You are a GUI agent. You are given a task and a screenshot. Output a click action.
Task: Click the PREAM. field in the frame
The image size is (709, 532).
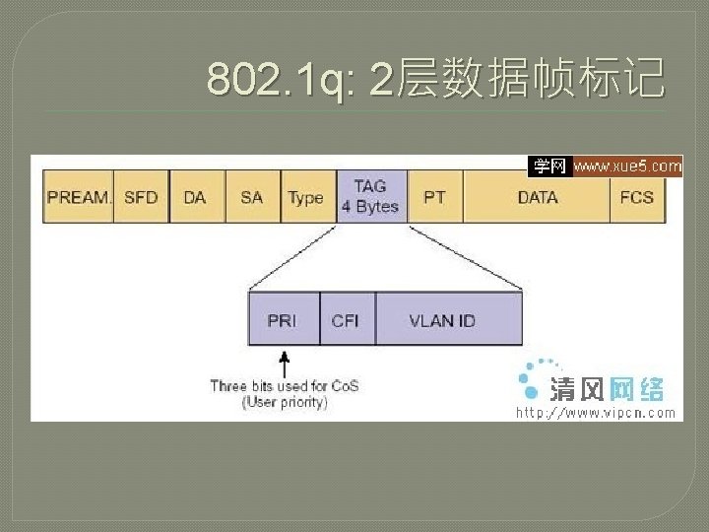(x=79, y=197)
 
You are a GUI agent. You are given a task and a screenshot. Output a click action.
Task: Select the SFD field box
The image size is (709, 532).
(x=141, y=197)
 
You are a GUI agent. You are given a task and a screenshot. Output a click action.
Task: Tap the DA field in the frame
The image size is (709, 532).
(x=195, y=197)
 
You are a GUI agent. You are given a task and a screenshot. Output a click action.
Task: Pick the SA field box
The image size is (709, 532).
(x=252, y=197)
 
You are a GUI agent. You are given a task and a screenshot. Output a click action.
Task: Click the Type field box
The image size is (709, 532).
(x=306, y=197)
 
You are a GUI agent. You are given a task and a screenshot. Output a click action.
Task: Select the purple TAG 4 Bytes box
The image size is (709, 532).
(x=370, y=196)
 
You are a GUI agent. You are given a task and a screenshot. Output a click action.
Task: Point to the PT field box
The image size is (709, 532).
(x=434, y=197)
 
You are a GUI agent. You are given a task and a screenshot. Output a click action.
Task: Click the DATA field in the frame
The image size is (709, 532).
(x=538, y=197)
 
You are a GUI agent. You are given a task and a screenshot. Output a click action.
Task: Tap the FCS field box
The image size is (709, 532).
(x=637, y=197)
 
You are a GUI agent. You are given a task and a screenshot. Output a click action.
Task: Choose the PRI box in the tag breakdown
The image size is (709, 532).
(x=282, y=320)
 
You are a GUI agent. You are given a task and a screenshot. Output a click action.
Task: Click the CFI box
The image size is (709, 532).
(x=346, y=320)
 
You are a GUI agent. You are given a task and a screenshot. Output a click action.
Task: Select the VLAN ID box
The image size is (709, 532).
(x=442, y=320)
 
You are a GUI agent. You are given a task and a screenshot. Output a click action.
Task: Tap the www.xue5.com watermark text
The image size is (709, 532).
(x=627, y=166)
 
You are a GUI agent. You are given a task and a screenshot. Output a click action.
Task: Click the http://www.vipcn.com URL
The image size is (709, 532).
(x=597, y=413)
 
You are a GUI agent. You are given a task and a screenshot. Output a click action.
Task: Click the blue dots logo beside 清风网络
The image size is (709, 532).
(x=532, y=378)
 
